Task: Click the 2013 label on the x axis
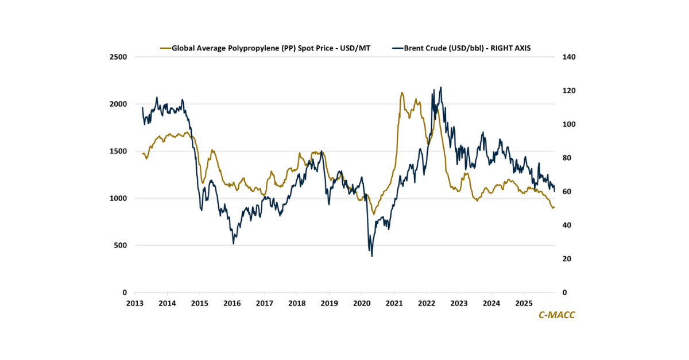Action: tap(134, 303)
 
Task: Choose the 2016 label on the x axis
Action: tap(232, 303)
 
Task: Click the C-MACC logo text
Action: tap(556, 315)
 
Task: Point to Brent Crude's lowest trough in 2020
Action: tap(371, 256)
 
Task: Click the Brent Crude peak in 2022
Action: tap(441, 87)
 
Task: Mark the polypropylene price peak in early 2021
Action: tap(402, 92)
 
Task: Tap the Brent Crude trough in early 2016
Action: tap(233, 243)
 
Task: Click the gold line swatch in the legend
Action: tap(167, 48)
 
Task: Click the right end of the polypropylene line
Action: tap(554, 207)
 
